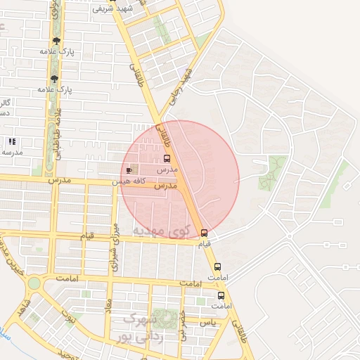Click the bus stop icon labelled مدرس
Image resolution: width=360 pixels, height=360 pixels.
pos(167,158)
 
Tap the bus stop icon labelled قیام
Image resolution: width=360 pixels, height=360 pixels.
pos(205,233)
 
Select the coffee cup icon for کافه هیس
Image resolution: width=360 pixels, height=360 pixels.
pos(129,169)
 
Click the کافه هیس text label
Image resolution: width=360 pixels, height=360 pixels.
pos(130,181)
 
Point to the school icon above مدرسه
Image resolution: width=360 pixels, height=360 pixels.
pos(12,141)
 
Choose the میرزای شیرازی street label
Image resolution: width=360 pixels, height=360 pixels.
pos(114,247)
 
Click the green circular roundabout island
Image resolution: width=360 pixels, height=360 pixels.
pos(34,283)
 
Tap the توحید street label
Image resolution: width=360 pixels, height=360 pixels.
pos(62,352)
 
